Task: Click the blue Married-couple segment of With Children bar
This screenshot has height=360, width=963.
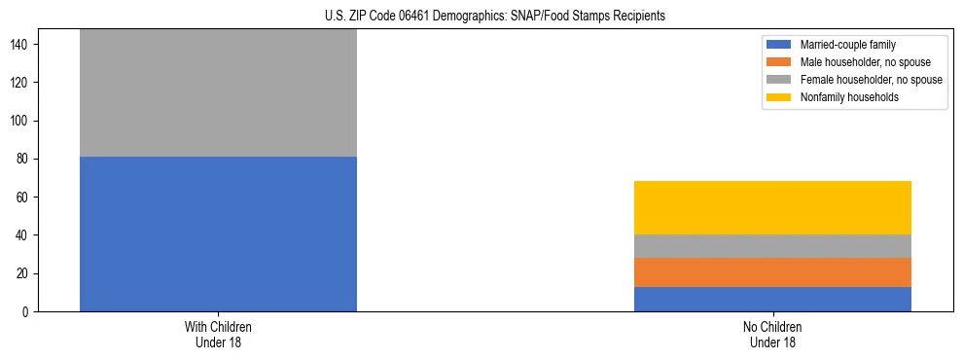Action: pyautogui.click(x=218, y=234)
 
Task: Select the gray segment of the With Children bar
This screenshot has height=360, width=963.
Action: pyautogui.click(x=218, y=92)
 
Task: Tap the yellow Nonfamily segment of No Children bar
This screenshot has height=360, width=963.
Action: pyautogui.click(x=772, y=207)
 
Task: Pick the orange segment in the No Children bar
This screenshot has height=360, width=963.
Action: pyautogui.click(x=772, y=271)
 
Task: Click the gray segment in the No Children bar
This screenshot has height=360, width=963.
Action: pyautogui.click(x=772, y=246)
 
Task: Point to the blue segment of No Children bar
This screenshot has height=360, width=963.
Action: pyautogui.click(x=772, y=299)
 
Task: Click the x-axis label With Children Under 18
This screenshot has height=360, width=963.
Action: pyautogui.click(x=218, y=335)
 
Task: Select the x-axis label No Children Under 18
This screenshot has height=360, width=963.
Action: pyautogui.click(x=772, y=335)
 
